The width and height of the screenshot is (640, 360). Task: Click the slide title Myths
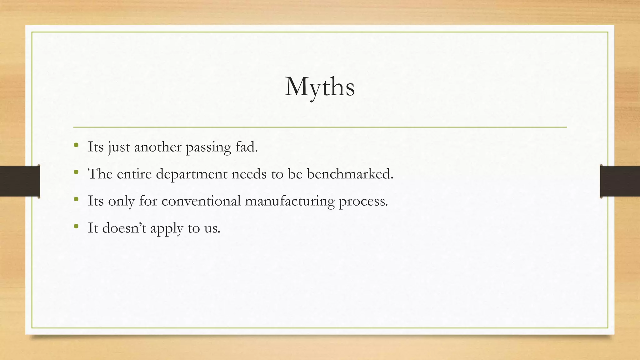[x=319, y=87]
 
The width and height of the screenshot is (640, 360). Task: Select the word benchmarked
[x=350, y=174]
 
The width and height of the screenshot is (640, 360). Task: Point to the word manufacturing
[x=290, y=201]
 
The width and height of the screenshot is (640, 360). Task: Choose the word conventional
[x=201, y=201]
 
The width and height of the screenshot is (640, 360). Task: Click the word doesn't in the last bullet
[x=124, y=228]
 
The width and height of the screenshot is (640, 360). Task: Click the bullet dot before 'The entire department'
[x=76, y=172]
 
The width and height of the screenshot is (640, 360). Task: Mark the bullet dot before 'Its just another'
[x=76, y=145]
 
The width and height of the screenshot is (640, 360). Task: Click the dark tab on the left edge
[x=20, y=181]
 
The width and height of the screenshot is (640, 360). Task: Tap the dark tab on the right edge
[x=620, y=181]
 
